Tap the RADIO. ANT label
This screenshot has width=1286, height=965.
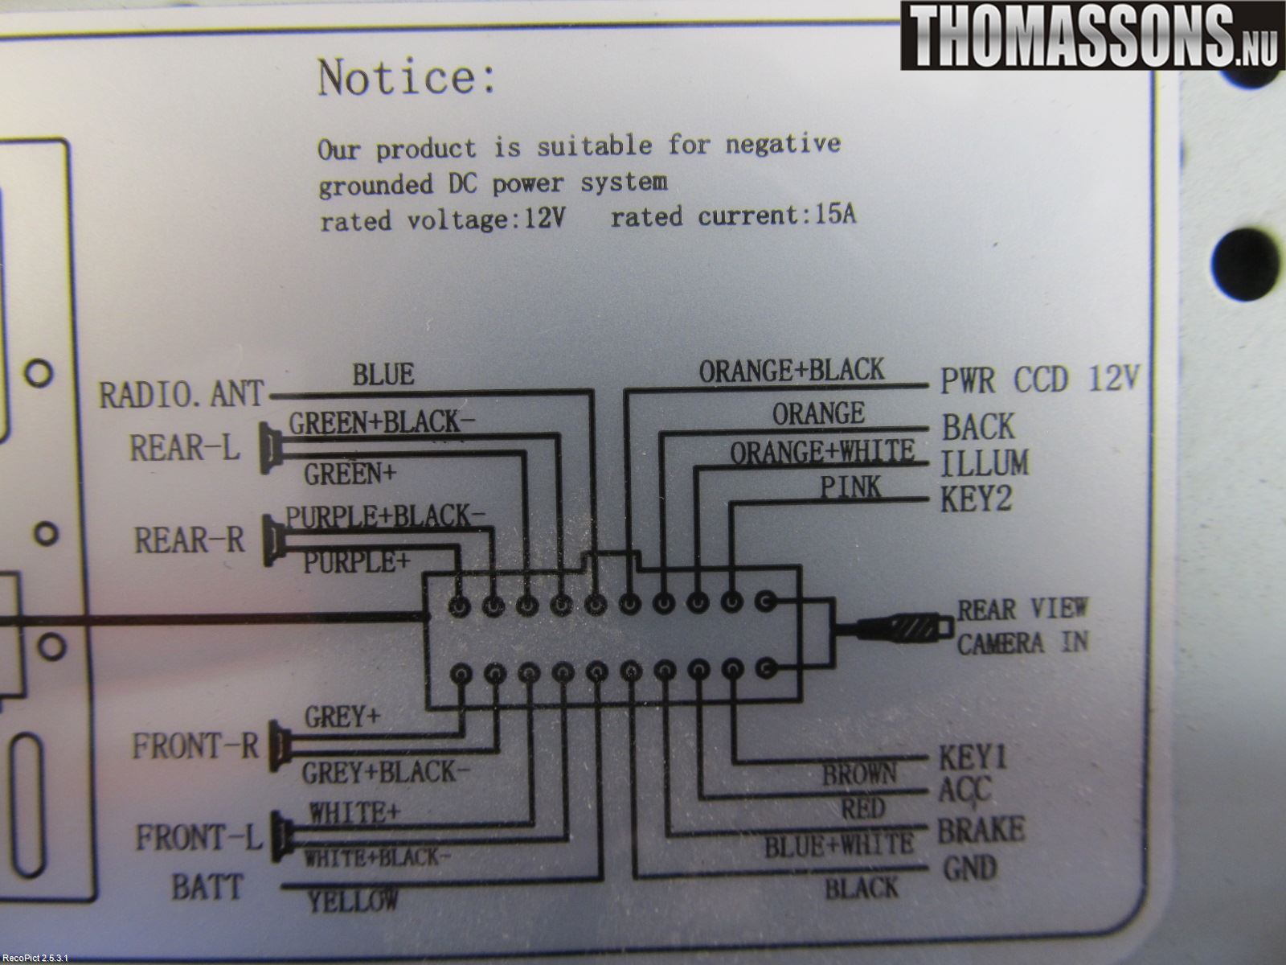coord(182,394)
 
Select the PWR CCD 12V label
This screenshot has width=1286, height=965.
coord(1040,379)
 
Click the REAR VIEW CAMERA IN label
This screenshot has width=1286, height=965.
coord(1023,626)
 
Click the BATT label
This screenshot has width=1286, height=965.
coord(207,887)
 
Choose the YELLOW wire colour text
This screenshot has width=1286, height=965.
coord(353,901)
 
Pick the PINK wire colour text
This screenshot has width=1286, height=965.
coord(850,487)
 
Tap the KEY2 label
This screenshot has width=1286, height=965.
coord(976,499)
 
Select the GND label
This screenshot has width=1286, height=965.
coord(969,868)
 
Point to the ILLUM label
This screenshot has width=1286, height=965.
coord(985,463)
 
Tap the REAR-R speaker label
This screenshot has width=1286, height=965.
coord(189,540)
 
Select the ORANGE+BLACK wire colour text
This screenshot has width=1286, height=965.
coord(792,370)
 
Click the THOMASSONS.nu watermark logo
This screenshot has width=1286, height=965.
coord(1092,35)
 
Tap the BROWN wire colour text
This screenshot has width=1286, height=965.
coord(859,774)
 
